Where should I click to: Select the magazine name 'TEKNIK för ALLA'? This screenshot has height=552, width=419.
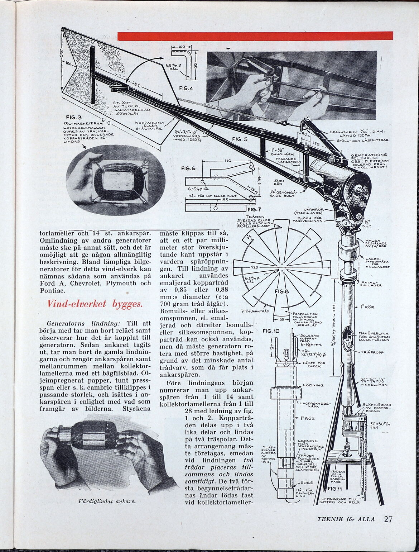346,529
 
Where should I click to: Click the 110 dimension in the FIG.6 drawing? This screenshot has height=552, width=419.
228,161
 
